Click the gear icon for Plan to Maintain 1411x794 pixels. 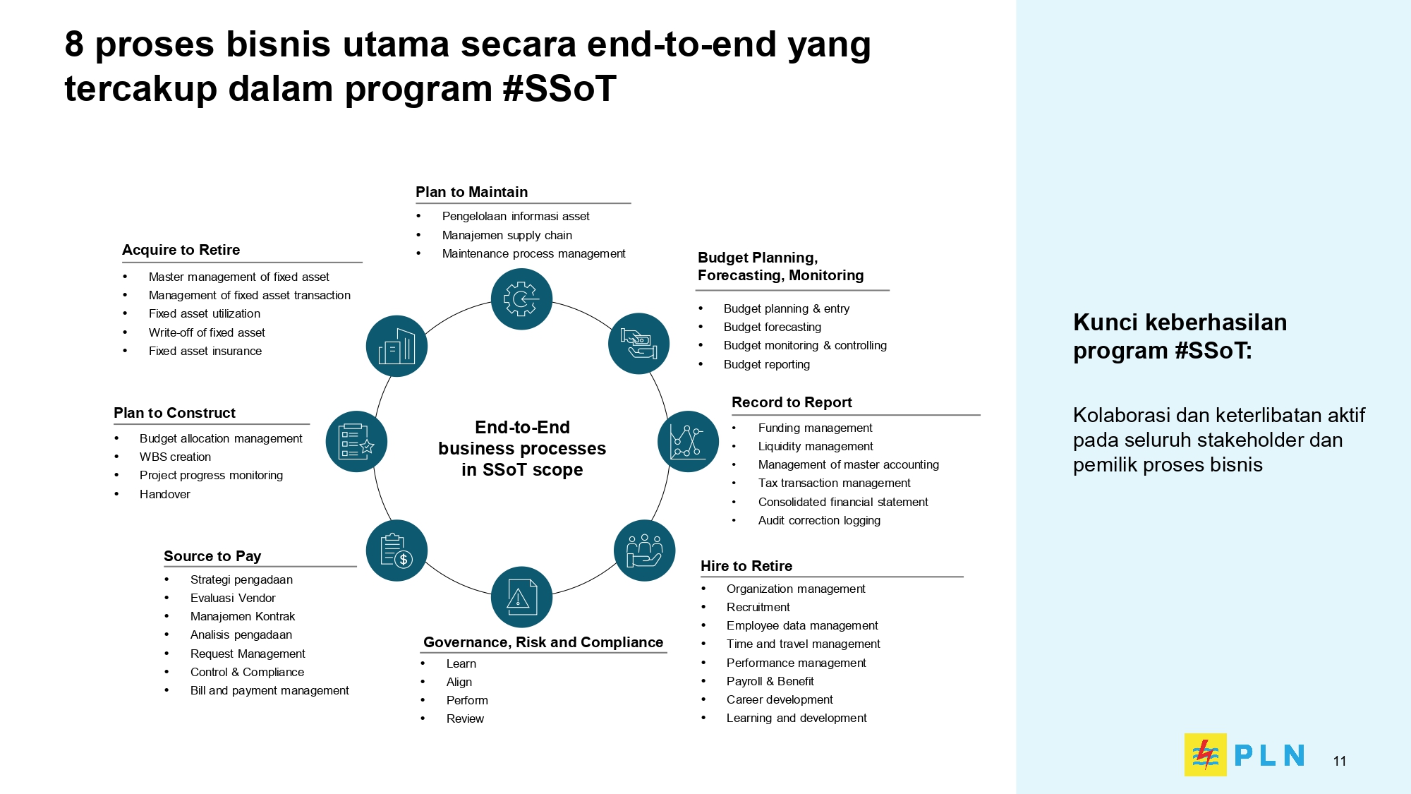click(521, 299)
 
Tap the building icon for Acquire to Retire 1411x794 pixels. click(396, 346)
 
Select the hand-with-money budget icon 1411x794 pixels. click(638, 343)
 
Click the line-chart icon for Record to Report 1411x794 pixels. click(688, 442)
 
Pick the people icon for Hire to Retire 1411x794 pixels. click(644, 551)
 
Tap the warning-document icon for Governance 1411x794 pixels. click(521, 597)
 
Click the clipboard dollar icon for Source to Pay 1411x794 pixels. click(396, 551)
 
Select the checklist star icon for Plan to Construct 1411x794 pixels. click(356, 442)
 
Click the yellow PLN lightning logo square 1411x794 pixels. click(1205, 754)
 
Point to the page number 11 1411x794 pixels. click(1340, 761)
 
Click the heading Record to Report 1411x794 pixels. click(792, 402)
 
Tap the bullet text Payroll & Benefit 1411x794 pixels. click(770, 681)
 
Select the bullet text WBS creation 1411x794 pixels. click(175, 457)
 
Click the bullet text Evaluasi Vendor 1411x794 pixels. click(233, 598)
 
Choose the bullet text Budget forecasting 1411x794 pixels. click(773, 327)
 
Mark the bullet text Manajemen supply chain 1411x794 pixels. click(507, 235)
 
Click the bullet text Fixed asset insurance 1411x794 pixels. click(205, 351)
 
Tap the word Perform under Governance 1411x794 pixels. click(467, 700)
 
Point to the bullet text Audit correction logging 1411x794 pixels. click(819, 520)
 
